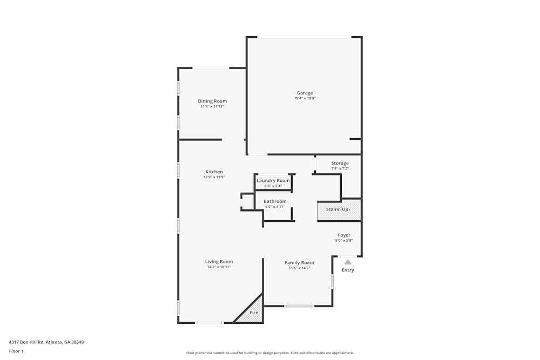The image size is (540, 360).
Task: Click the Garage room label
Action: point(305,93)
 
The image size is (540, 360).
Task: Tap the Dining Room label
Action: point(212,101)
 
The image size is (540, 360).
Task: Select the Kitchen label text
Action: point(214,172)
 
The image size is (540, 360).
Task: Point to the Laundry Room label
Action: point(273,181)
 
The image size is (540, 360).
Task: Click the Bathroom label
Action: point(275,201)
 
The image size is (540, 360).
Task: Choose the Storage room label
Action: point(340,163)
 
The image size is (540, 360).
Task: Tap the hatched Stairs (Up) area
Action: point(339,209)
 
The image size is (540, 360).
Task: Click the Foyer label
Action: point(344,235)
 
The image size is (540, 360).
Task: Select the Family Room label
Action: point(299,263)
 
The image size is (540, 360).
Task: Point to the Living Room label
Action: point(219,262)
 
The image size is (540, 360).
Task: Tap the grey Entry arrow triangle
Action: point(348,262)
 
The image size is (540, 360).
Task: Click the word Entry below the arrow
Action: point(348,270)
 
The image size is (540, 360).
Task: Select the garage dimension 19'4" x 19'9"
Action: point(305,98)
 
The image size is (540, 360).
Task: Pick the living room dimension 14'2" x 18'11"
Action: point(219,267)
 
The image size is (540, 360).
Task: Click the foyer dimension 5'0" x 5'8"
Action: point(344,241)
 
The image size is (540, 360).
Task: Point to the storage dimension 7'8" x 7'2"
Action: point(340,168)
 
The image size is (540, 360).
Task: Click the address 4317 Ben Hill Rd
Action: point(26,342)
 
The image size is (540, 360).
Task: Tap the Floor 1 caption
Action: point(16,351)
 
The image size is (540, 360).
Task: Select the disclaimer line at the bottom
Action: point(269,353)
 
